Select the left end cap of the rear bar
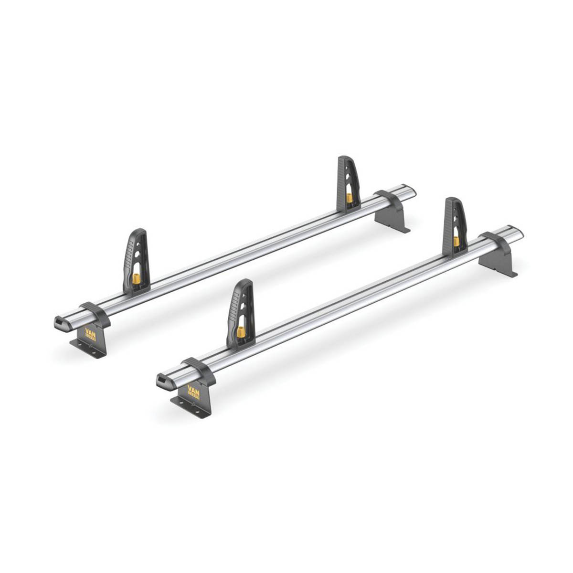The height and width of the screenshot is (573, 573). click(62, 323)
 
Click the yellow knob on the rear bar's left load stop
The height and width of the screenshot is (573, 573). click(137, 278)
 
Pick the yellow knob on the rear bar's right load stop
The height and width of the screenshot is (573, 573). click(350, 197)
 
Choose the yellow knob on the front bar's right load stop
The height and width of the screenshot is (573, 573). click(456, 241)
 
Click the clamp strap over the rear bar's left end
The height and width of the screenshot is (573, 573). click(95, 313)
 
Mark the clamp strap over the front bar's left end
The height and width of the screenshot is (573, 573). click(199, 370)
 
